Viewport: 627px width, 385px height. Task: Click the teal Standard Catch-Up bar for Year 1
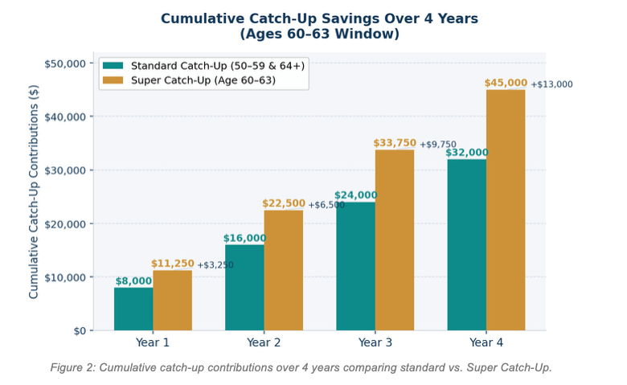point(133,309)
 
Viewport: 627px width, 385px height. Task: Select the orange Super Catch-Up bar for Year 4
point(506,210)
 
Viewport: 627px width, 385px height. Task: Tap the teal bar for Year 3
point(355,266)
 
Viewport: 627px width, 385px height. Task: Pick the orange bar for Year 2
point(283,270)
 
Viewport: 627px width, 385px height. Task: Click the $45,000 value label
point(506,83)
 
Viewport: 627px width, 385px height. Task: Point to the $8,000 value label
point(133,281)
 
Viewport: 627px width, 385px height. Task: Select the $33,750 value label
point(395,143)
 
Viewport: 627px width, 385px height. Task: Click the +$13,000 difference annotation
point(551,84)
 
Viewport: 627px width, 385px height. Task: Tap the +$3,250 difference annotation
point(215,265)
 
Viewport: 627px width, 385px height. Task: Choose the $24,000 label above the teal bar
point(355,195)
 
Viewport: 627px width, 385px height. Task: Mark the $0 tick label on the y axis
point(79,330)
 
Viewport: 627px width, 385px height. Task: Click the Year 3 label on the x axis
point(375,342)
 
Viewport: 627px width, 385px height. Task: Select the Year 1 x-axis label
point(153,342)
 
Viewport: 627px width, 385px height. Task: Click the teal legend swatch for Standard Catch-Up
point(113,66)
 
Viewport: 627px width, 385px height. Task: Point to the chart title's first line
point(319,18)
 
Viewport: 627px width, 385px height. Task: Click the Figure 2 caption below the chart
point(301,367)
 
